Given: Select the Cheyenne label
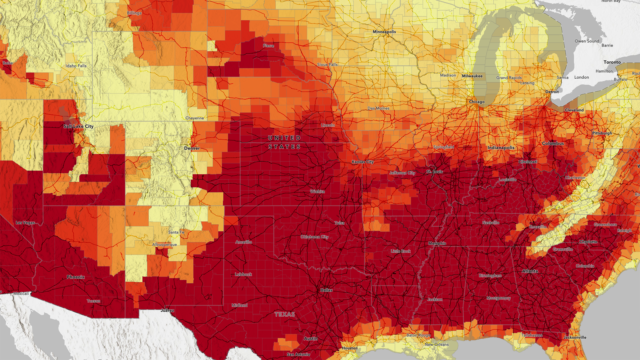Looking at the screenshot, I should pyautogui.click(x=196, y=117).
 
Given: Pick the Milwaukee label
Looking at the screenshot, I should pyautogui.click(x=474, y=75).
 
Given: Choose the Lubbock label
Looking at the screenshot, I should pyautogui.click(x=241, y=273).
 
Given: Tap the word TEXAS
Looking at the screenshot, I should pyautogui.click(x=286, y=313).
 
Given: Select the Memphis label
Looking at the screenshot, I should pyautogui.click(x=437, y=243).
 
